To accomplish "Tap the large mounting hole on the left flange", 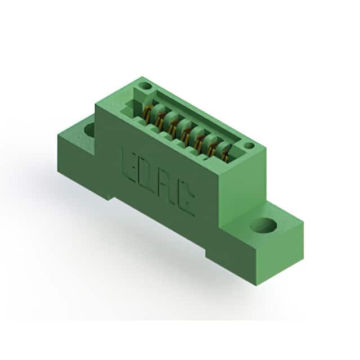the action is click(90, 130).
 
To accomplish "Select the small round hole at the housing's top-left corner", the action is click(145, 86).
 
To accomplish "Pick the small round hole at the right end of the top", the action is click(249, 145).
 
